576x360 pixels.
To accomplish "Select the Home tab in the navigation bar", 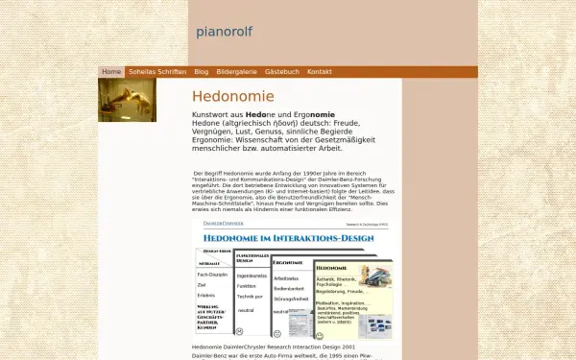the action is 111,72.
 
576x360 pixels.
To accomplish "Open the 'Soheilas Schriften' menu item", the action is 157,72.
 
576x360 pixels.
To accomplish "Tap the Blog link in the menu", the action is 202,72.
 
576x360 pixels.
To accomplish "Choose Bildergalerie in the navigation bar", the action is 236,72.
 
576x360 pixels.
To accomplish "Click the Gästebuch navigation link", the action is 282,72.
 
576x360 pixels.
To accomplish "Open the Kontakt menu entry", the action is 320,72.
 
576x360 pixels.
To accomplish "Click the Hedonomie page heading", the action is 233,97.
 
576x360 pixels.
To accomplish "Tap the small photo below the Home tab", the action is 127,100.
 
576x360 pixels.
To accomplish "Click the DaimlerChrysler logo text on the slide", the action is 223,223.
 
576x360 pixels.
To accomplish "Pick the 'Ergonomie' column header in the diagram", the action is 291,262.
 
